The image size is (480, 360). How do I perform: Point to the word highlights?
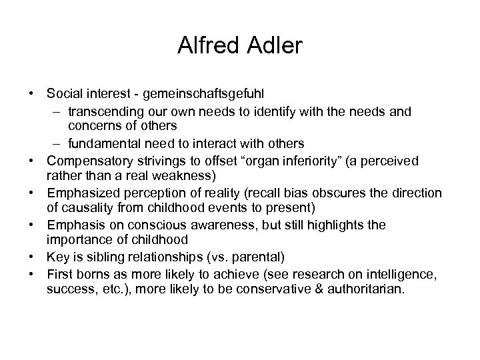pyautogui.click(x=337, y=225)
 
